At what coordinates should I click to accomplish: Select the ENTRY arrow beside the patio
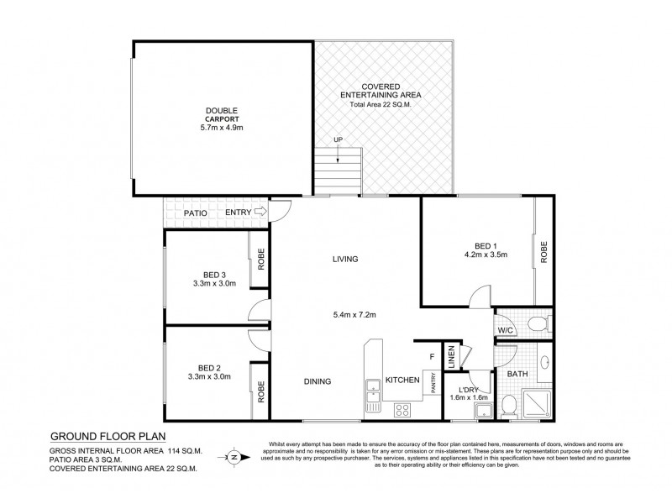tap(260, 213)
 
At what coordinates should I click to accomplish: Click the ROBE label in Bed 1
tap(544, 251)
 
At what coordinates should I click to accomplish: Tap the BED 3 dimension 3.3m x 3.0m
tap(213, 284)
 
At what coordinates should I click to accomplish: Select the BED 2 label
tap(213, 366)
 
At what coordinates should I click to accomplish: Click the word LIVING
tap(345, 259)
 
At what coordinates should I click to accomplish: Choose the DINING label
tap(317, 381)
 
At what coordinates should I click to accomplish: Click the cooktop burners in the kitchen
tap(402, 410)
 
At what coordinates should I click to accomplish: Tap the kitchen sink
tap(372, 390)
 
